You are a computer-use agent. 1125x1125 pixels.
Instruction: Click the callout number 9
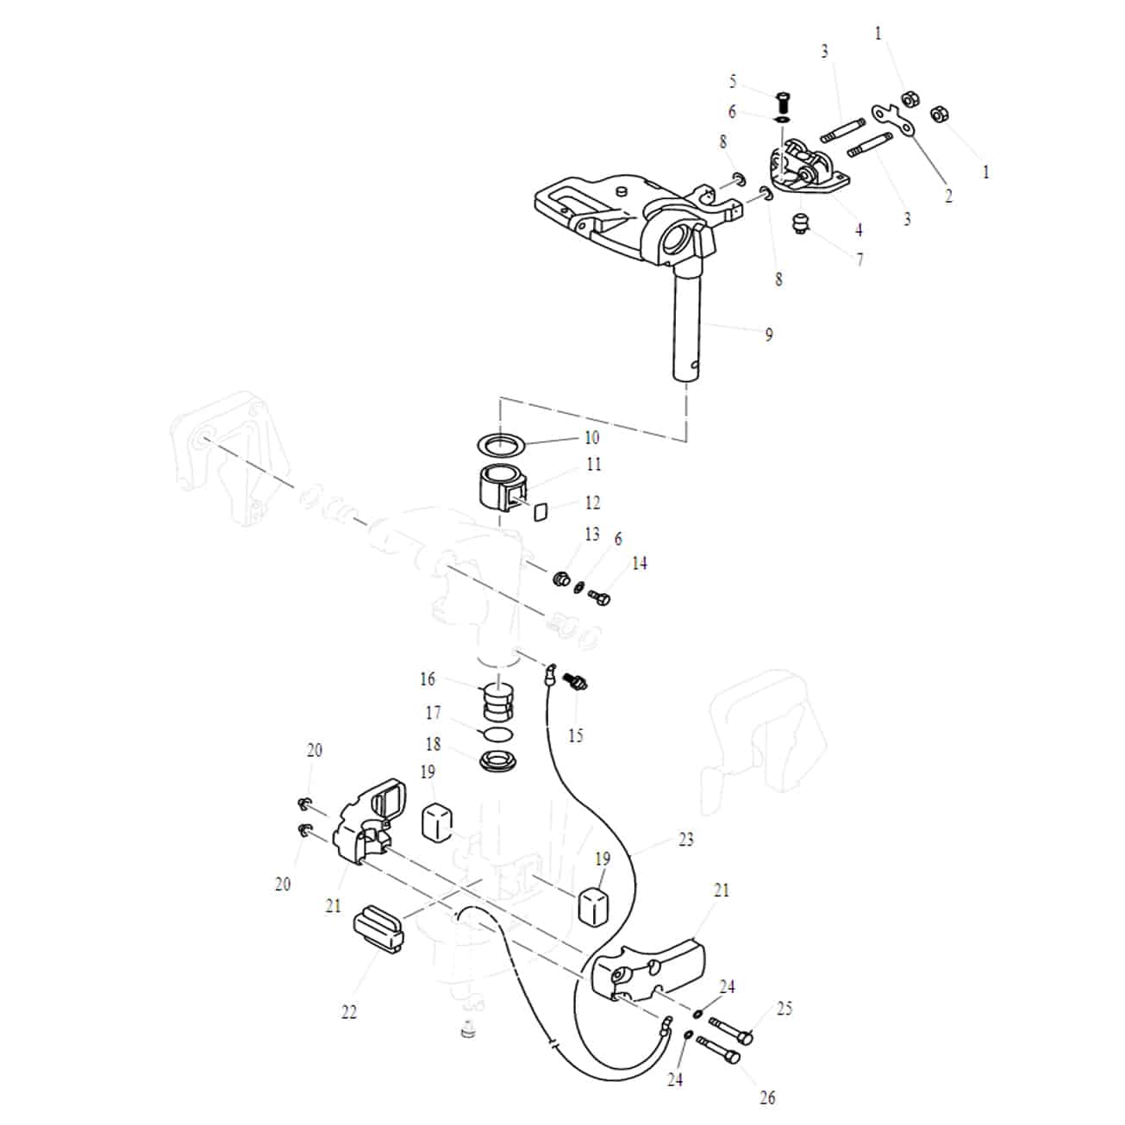(x=769, y=334)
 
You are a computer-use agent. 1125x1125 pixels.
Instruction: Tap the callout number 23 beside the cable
(x=685, y=839)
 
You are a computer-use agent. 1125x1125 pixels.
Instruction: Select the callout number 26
(x=767, y=1097)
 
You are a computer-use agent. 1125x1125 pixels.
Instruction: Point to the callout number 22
(x=348, y=1012)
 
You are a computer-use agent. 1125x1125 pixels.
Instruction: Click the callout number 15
(x=575, y=735)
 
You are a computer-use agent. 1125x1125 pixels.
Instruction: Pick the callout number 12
(x=592, y=503)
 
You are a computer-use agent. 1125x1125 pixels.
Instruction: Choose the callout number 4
(x=859, y=230)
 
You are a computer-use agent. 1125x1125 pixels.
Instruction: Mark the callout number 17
(x=433, y=713)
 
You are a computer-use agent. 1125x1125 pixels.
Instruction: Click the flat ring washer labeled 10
(x=501, y=446)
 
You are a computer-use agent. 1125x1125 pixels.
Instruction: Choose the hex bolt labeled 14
(x=600, y=595)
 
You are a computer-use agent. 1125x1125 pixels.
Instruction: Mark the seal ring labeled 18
(x=497, y=761)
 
